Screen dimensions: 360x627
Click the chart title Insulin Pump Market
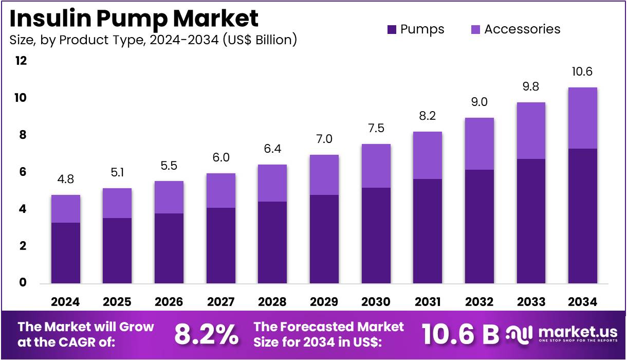pos(134,19)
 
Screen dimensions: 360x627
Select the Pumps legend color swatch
pos(392,29)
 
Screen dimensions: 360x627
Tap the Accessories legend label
pos(522,29)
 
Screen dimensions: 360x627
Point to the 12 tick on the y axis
pos(21,61)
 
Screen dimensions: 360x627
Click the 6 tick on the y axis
pos(23,172)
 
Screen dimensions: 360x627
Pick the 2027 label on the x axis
pos(221,302)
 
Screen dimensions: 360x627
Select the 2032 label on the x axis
pos(479,302)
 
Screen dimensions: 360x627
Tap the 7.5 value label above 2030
pos(376,129)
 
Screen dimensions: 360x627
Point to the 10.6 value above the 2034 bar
pos(582,72)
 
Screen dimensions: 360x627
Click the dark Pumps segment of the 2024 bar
pos(65,253)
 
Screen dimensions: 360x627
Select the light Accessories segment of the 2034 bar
pos(582,118)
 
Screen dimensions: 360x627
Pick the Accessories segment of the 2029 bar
pos(324,175)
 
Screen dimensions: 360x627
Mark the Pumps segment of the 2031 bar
pos(427,231)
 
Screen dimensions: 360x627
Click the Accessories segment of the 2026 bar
pos(169,197)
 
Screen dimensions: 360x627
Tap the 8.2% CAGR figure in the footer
pos(206,335)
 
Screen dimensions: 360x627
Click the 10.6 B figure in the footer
pos(460,335)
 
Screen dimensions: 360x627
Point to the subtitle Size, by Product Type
pos(153,40)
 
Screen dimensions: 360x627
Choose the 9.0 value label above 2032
pos(479,102)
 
